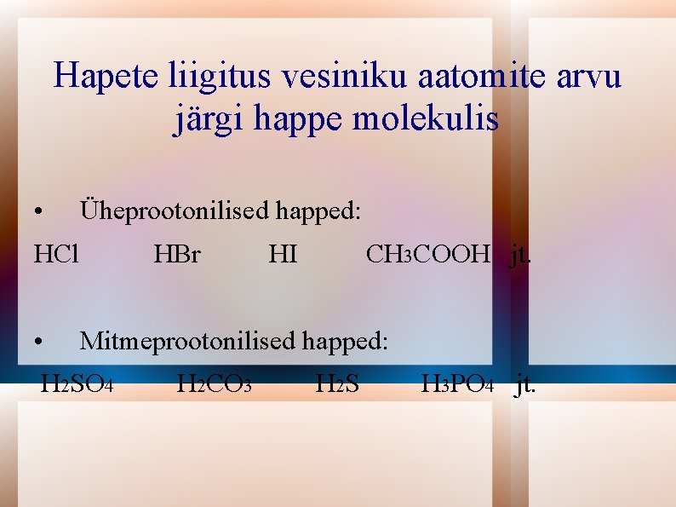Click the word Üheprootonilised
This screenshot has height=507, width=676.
click(x=175, y=211)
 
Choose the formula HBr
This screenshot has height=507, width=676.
click(x=177, y=254)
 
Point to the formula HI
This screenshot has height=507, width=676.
click(x=283, y=254)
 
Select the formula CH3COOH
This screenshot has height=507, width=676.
click(x=428, y=254)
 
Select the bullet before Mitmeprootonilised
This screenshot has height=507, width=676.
click(x=39, y=343)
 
